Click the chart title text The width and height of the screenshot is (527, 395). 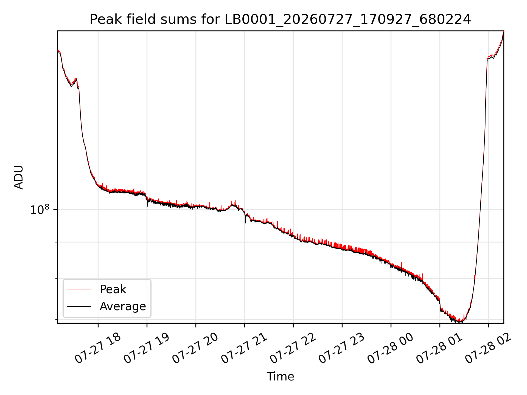280,19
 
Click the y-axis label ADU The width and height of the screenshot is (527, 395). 19,177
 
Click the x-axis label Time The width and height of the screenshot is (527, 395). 280,377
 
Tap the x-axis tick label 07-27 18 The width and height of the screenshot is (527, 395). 97,348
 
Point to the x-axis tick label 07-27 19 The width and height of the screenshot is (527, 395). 146,348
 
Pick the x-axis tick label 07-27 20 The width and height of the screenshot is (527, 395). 195,348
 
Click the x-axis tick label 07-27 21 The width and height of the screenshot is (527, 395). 244,348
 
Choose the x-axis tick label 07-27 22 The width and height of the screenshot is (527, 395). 293,348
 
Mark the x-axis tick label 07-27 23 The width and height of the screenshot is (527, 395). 341,348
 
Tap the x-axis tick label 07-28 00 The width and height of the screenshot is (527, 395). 390,348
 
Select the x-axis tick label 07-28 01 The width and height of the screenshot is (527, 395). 439,348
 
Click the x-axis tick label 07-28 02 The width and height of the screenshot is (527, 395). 488,348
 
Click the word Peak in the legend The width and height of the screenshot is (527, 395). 113,289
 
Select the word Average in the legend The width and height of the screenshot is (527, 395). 123,306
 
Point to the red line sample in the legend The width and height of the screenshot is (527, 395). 79,289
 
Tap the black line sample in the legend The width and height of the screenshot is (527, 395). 79,306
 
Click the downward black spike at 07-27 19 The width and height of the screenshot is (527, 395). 147,204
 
